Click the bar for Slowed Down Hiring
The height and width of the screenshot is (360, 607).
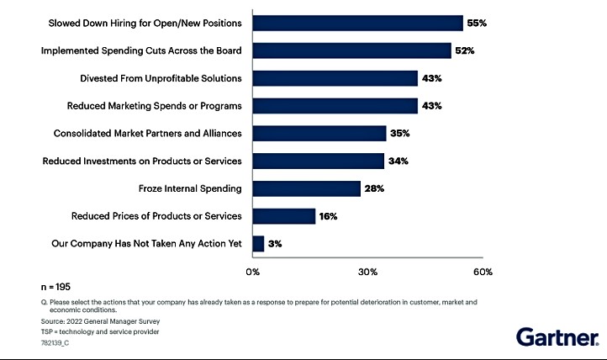click(357, 23)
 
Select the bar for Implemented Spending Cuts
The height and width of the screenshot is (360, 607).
click(351, 50)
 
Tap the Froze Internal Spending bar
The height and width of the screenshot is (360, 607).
click(306, 188)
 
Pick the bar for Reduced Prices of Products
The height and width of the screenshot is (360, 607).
click(283, 216)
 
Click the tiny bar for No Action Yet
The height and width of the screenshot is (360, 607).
click(258, 244)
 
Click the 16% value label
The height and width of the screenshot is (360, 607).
click(329, 216)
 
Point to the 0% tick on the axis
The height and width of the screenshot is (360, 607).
click(252, 272)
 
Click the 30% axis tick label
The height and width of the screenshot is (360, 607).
click(367, 272)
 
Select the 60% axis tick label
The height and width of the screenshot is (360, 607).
click(483, 272)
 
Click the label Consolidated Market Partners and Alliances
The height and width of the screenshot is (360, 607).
click(147, 133)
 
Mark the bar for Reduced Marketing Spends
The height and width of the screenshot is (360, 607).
click(335, 106)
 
